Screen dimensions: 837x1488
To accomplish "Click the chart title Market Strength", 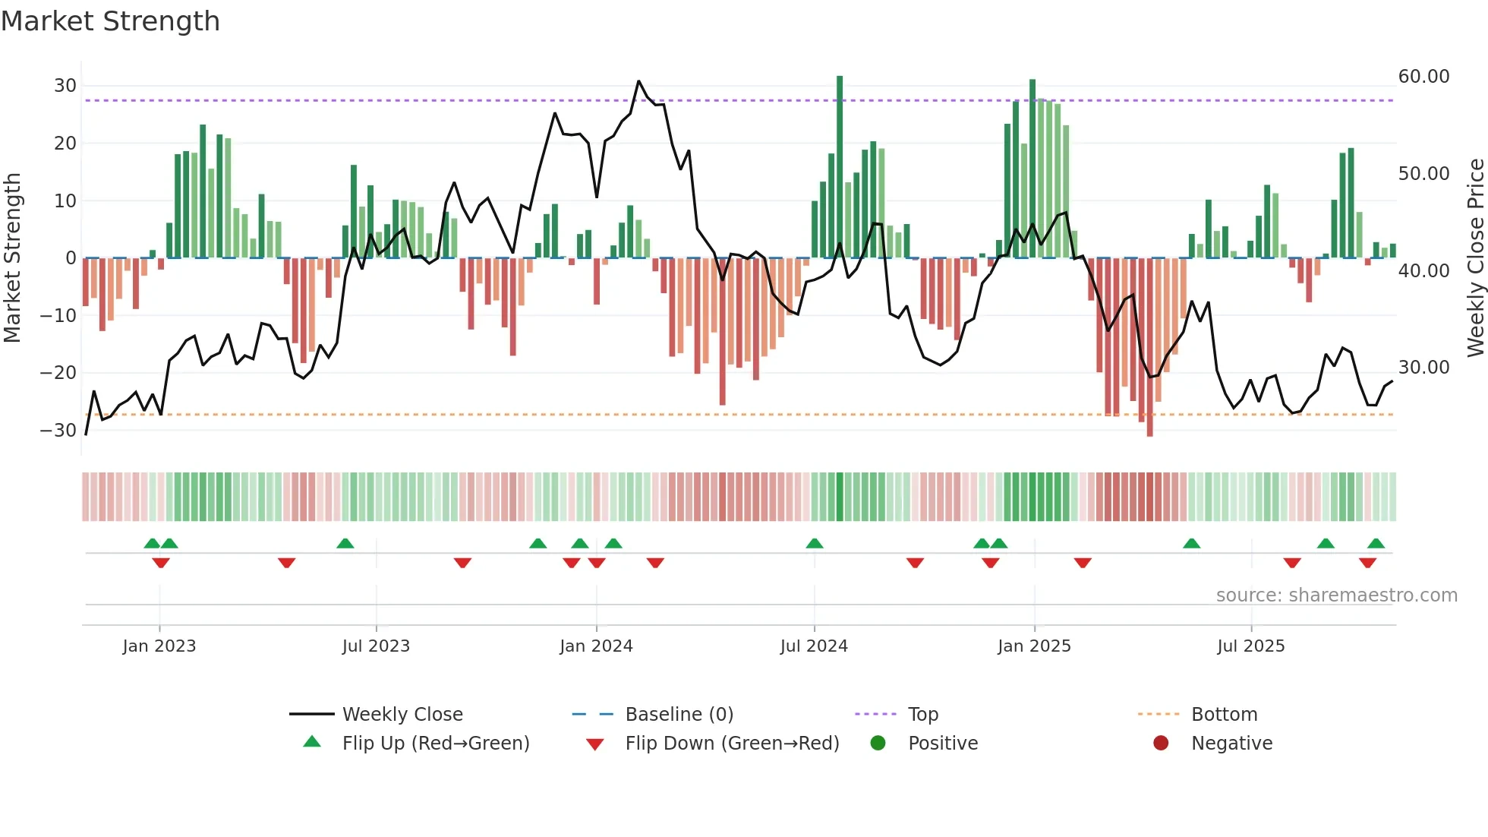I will pyautogui.click(x=110, y=21).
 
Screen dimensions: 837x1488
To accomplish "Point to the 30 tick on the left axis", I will pyautogui.click(x=65, y=86).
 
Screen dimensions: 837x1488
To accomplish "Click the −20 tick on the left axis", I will pyautogui.click(x=58, y=373).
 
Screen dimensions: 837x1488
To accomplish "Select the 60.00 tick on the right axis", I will pyautogui.click(x=1423, y=77).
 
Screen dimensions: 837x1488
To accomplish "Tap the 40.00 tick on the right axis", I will pyautogui.click(x=1423, y=271).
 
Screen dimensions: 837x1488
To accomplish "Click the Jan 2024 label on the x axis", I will pyautogui.click(x=596, y=646).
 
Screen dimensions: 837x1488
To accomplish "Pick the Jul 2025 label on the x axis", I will pyautogui.click(x=1250, y=646).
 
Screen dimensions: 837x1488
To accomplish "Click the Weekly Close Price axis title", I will pyautogui.click(x=1475, y=258).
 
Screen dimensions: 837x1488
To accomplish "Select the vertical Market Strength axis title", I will pyautogui.click(x=12, y=258).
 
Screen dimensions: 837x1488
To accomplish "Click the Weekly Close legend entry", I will pyautogui.click(x=402, y=715).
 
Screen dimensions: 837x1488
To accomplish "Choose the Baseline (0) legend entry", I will pyautogui.click(x=679, y=715).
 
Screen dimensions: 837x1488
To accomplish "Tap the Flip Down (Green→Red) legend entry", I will pyautogui.click(x=732, y=744).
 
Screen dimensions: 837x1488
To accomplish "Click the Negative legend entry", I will pyautogui.click(x=1231, y=744).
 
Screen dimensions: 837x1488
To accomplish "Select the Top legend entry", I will pyautogui.click(x=922, y=715).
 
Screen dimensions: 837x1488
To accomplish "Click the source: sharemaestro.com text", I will pyautogui.click(x=1336, y=595).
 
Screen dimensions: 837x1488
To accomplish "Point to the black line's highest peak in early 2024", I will pyautogui.click(x=638, y=81).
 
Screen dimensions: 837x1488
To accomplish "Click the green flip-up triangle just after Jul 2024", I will pyautogui.click(x=815, y=544).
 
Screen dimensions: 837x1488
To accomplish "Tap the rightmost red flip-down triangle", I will pyautogui.click(x=1367, y=563).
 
